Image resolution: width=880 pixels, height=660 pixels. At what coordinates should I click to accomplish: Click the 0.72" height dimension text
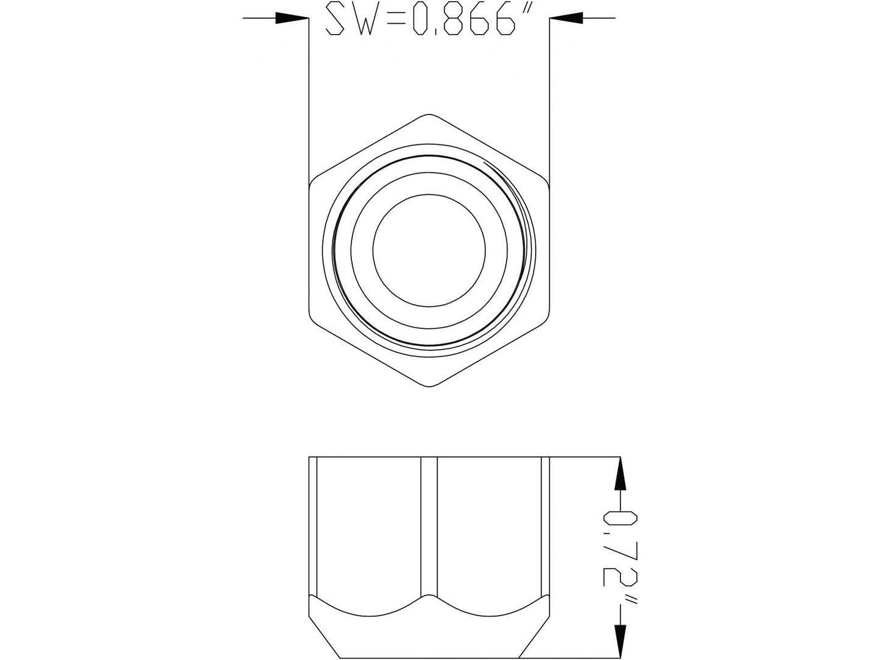pyautogui.click(x=620, y=558)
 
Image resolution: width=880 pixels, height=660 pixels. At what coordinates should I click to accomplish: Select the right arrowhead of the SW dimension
pyautogui.click(x=566, y=19)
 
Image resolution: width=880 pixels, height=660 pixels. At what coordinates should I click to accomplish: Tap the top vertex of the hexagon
pyautogui.click(x=429, y=114)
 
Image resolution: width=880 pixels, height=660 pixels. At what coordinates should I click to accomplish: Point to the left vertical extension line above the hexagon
pyautogui.click(x=309, y=97)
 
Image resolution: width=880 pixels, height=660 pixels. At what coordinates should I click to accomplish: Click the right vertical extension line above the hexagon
pyautogui.click(x=549, y=97)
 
